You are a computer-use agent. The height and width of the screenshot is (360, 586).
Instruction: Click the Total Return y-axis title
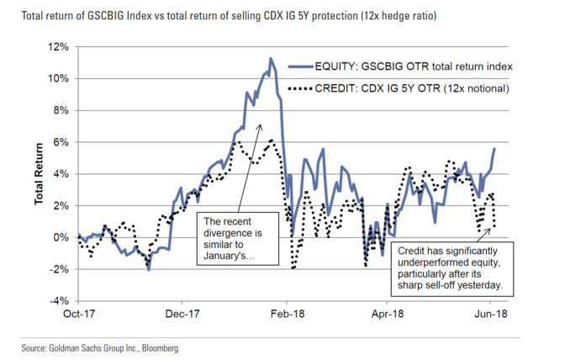pyautogui.click(x=39, y=174)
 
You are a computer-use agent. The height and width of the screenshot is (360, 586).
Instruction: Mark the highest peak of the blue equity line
pyautogui.click(x=271, y=59)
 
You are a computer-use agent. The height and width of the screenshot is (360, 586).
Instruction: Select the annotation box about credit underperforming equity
pyautogui.click(x=453, y=268)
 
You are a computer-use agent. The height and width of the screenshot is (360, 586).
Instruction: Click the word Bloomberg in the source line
pyautogui.click(x=156, y=347)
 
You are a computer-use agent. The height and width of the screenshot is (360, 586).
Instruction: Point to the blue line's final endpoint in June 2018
pyautogui.click(x=494, y=149)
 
